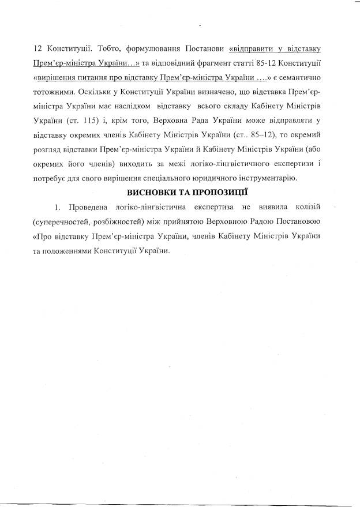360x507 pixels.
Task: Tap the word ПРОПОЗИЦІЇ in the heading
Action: [x=214, y=191]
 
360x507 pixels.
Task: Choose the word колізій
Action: [x=312, y=206]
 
